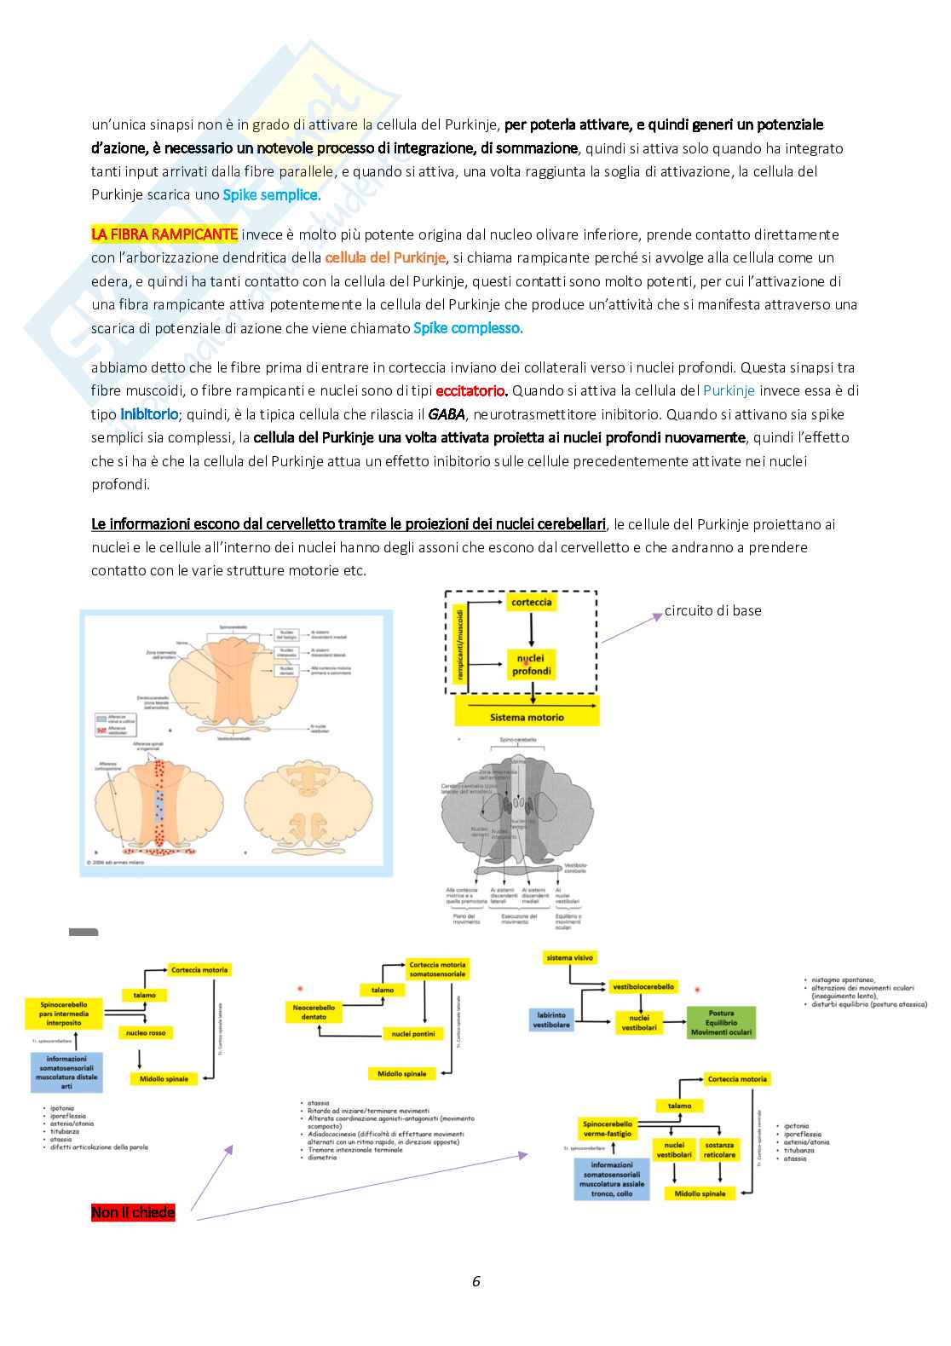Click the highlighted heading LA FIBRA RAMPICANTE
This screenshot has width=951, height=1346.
[164, 234]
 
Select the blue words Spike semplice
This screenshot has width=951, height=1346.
[272, 194]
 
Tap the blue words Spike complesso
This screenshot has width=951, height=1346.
[468, 328]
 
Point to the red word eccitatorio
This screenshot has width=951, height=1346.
[471, 391]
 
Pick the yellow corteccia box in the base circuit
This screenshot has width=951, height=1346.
[532, 602]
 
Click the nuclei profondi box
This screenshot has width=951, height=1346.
[532, 665]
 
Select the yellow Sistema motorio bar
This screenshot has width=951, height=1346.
[527, 717]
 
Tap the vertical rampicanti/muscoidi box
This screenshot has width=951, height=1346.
[460, 644]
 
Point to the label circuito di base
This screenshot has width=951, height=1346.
[712, 610]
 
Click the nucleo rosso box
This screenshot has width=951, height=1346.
[146, 1032]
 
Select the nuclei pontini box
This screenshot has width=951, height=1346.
[413, 1034]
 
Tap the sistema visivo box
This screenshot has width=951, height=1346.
[570, 958]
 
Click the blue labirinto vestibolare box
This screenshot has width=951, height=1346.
[551, 1020]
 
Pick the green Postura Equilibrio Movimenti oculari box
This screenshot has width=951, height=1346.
[721, 1022]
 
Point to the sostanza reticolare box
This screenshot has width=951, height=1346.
[720, 1149]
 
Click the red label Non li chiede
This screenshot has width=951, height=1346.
[133, 1212]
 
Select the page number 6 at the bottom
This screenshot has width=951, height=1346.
[476, 1281]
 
